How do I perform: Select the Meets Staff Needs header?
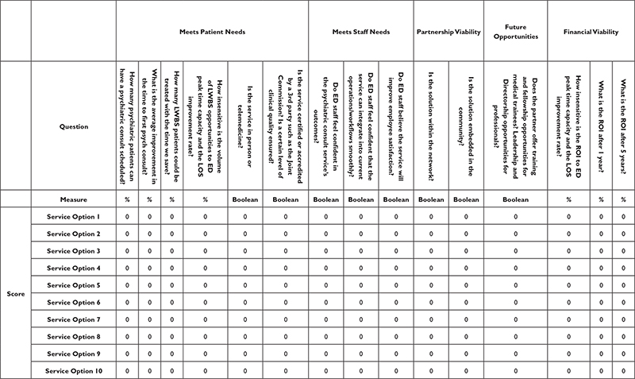pos(360,31)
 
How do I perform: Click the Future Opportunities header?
pos(515,31)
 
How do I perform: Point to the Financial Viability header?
pos(591,31)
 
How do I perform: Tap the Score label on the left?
pos(15,293)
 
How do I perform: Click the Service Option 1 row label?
pos(72,217)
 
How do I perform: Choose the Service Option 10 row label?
pos(72,371)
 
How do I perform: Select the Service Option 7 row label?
pos(72,319)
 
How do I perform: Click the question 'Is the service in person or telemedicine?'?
pos(245,126)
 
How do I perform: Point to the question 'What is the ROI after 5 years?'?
pos(623,126)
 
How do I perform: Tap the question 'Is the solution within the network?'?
pos(432,126)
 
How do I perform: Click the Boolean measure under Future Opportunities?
pos(514,200)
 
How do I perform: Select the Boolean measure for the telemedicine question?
pos(245,200)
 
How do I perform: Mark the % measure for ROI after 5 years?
pos(623,200)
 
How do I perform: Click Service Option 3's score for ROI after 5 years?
pos(623,251)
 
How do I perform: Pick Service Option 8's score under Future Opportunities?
pos(514,337)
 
